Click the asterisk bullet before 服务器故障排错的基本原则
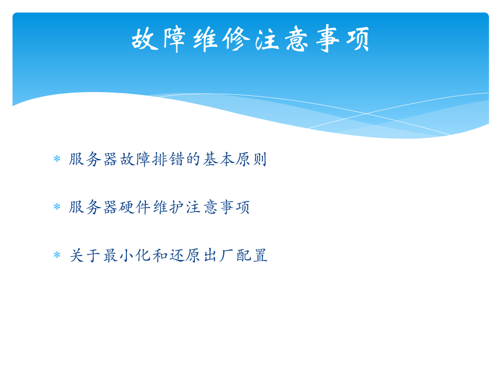tap(57, 160)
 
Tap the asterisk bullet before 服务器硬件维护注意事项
tap(57, 208)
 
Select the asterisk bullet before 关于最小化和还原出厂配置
tap(57, 256)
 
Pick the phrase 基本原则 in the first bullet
tap(235, 159)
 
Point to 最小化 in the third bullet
tap(127, 255)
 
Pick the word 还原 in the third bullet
tap(185, 255)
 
